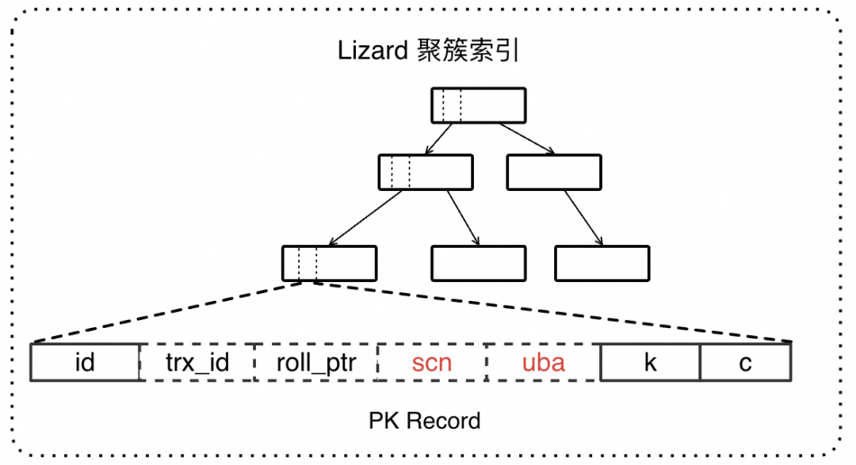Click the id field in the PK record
click(85, 363)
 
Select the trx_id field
click(197, 363)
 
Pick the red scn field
click(431, 363)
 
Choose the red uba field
click(544, 363)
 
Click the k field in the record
click(650, 363)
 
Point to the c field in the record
click(745, 363)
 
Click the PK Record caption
click(425, 421)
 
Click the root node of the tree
click(479, 105)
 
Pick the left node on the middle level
click(426, 172)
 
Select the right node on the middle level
click(554, 172)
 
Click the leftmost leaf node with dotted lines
click(329, 264)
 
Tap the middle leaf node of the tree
click(479, 264)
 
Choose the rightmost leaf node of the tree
click(602, 264)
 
